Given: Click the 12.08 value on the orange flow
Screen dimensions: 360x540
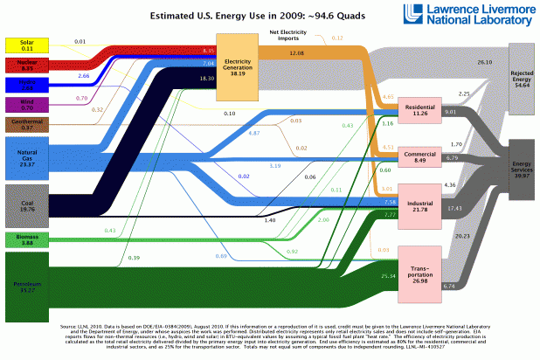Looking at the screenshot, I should [296, 55].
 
